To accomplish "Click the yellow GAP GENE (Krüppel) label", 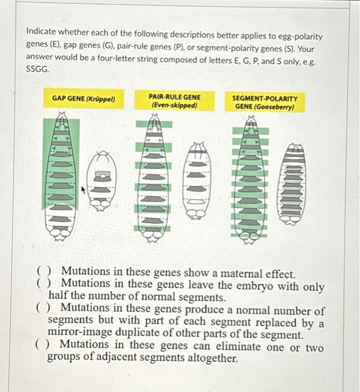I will [83, 99].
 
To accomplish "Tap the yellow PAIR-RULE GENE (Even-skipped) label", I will [174, 100].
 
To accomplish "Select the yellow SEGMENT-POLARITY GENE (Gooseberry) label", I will [265, 101].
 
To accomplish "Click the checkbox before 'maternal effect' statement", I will [43, 273].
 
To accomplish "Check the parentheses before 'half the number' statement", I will [43, 286].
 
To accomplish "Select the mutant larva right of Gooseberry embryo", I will [296, 180].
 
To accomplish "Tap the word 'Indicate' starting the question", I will [43, 36].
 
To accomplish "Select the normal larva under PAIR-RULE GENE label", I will [153, 178].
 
